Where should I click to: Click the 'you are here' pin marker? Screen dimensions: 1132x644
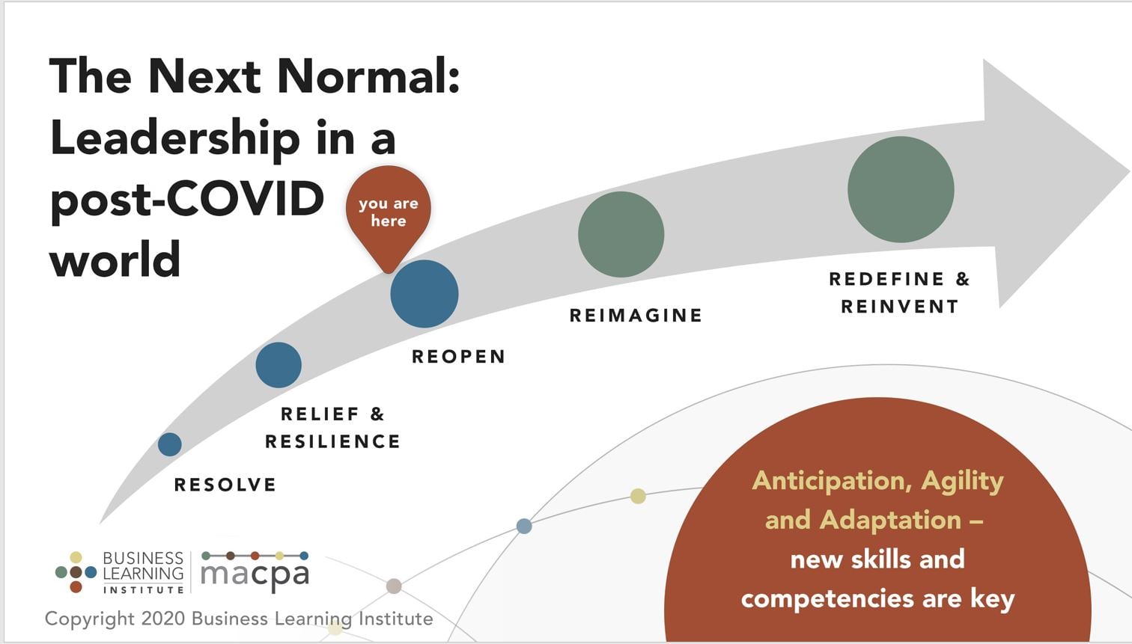coord(388,215)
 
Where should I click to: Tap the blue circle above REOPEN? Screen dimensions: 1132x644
coord(424,294)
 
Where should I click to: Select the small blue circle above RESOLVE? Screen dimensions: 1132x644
coord(170,444)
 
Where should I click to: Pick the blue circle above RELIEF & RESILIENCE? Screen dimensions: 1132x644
coord(279,365)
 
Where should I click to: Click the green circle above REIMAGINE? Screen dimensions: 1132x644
coord(621,234)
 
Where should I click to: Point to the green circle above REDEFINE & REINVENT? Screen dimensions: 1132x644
coord(901,189)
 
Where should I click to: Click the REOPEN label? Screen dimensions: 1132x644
coord(458,356)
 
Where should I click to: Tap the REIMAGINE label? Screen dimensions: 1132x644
coord(636,316)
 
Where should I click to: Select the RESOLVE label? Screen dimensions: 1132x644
coord(225,485)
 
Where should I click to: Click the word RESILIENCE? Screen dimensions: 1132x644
coord(332,441)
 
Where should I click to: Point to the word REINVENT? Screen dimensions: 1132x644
coord(900,307)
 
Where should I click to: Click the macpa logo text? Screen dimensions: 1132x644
coord(255,574)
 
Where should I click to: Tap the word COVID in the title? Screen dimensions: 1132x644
coord(245,198)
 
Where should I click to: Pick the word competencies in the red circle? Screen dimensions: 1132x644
coord(827,600)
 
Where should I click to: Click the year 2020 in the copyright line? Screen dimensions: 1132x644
coord(163,619)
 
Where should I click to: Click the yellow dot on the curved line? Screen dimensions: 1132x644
coord(639,496)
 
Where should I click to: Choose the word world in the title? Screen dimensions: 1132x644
coord(115,260)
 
